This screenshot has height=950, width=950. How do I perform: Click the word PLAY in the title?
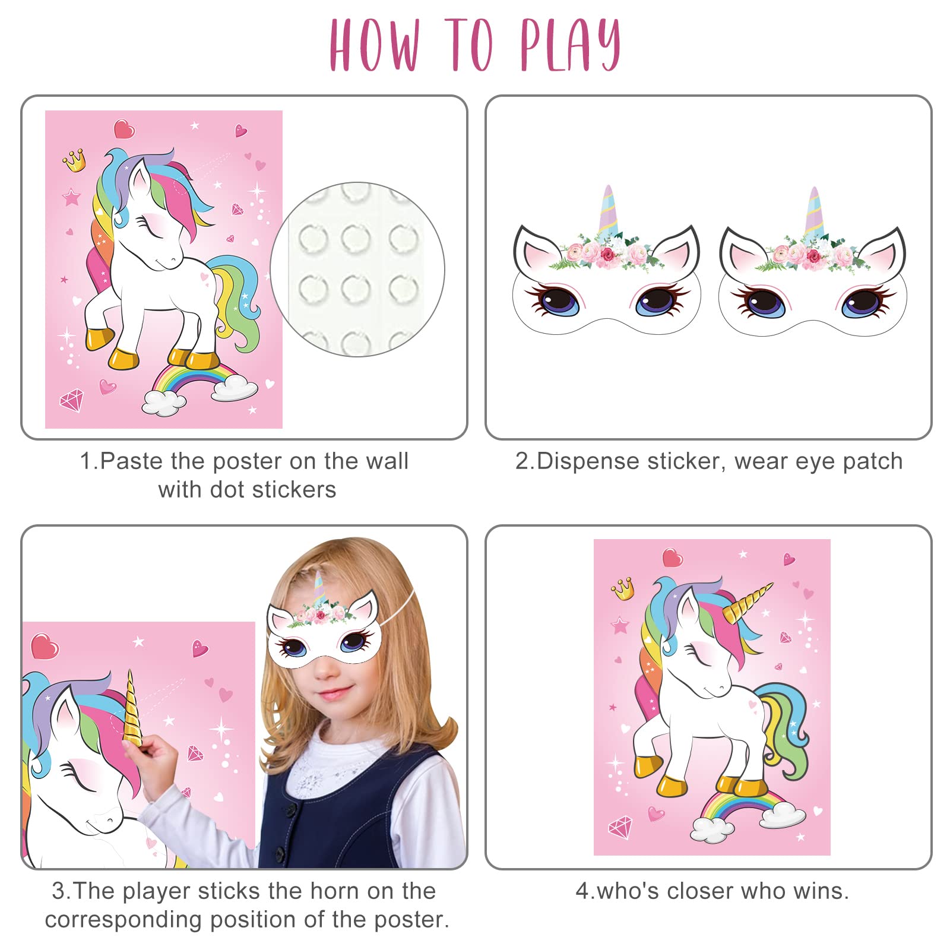570,45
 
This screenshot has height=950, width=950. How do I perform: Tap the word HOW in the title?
375,45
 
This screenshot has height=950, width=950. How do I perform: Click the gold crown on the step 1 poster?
75,160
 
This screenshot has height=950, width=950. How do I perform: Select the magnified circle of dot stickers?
357,269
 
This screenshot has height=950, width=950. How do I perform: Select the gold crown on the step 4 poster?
623,588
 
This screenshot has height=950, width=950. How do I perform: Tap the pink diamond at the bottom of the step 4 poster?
620,828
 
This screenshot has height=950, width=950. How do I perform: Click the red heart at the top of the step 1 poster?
124,129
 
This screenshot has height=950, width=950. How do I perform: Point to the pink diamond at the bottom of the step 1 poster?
72,400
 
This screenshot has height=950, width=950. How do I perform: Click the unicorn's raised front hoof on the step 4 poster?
648,766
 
